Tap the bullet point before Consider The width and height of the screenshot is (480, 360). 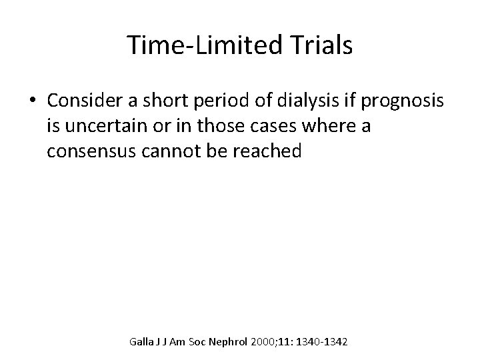click(33, 101)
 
